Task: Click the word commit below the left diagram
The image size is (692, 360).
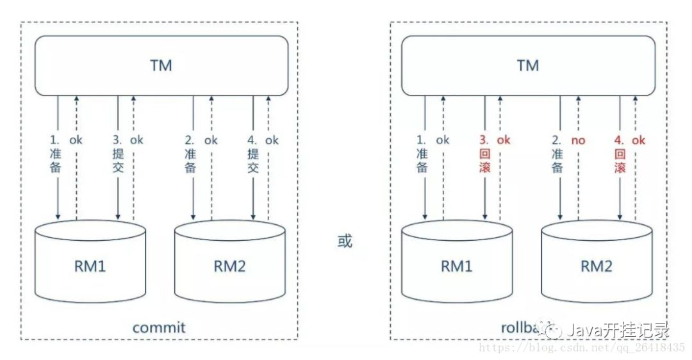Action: tap(159, 327)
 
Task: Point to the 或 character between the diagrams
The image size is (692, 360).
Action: tap(345, 242)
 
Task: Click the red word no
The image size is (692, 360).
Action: tap(579, 140)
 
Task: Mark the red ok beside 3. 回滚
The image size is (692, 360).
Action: tap(504, 140)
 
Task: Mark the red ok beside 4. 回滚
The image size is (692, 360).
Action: tap(638, 140)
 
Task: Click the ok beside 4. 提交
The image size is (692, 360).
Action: tap(272, 140)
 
